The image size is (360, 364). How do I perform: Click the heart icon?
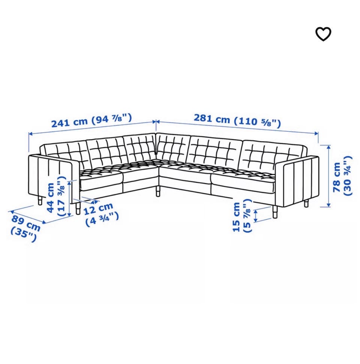click(x=323, y=34)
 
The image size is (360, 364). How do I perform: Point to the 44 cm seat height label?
click(x=50, y=198)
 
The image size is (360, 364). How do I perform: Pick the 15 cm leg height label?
click(x=236, y=217)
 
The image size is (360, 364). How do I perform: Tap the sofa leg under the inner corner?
click(x=158, y=191)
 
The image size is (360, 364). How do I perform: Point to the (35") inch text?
click(x=24, y=234)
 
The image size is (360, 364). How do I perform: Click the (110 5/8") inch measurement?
click(x=257, y=122)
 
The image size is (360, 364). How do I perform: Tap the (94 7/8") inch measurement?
click(x=111, y=119)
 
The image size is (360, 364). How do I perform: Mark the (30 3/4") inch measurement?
click(x=348, y=176)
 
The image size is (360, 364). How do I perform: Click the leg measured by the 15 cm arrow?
click(x=275, y=212)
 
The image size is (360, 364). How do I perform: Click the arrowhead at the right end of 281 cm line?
click(x=316, y=133)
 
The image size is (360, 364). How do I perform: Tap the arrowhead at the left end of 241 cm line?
click(x=30, y=133)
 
